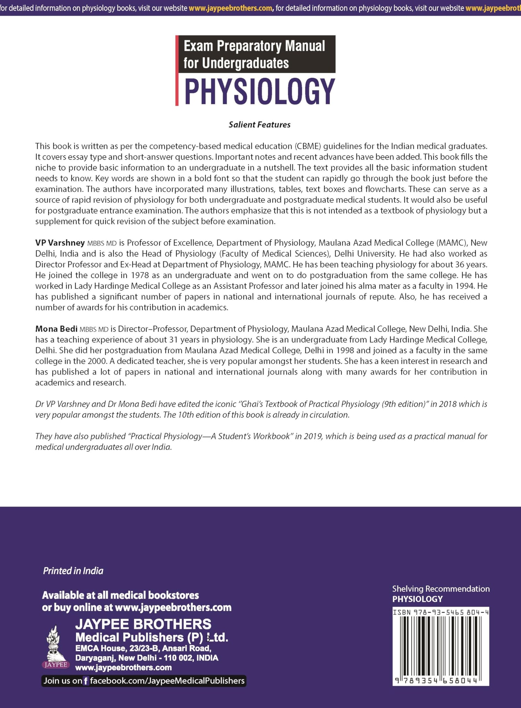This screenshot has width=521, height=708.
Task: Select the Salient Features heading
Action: point(259,125)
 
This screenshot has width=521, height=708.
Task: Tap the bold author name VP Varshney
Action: point(60,243)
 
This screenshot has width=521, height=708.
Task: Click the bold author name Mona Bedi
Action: point(56,329)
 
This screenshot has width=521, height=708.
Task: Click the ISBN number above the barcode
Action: point(441,612)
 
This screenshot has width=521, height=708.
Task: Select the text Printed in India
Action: point(73,570)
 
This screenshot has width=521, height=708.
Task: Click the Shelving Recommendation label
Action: point(441,589)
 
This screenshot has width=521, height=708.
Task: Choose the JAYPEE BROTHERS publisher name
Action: point(143,624)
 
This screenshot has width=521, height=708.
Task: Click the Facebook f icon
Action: point(86,681)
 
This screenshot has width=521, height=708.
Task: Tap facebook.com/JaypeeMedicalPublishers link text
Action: point(167,681)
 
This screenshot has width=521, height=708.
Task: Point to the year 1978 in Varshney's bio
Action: point(140,275)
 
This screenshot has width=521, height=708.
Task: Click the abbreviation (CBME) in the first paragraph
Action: point(308,146)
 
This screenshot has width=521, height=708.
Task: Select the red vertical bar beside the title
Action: point(177,70)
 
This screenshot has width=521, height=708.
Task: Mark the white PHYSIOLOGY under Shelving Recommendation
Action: point(417,599)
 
